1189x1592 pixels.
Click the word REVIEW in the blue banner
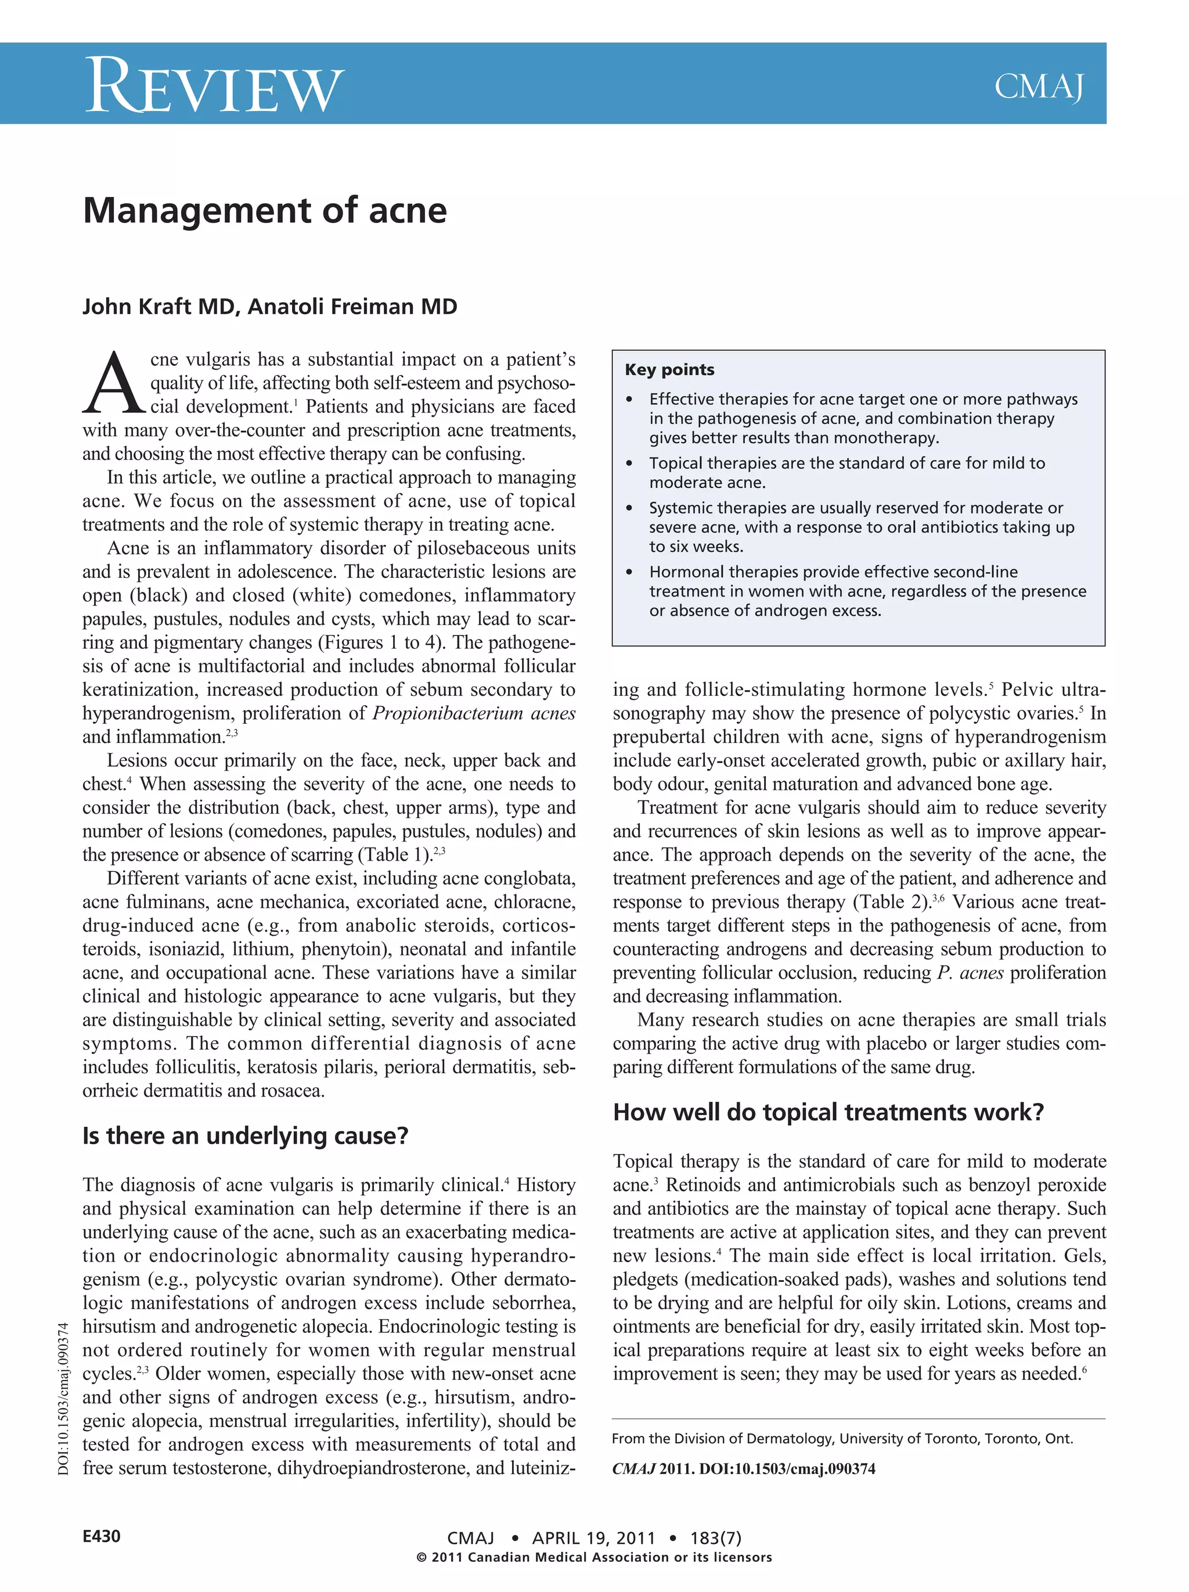pyautogui.click(x=214, y=87)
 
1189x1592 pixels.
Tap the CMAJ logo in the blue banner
pyautogui.click(x=1038, y=87)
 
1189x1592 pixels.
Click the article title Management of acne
pyautogui.click(x=265, y=211)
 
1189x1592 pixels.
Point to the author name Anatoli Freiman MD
pyautogui.click(x=352, y=307)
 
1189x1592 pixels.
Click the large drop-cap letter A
pyautogui.click(x=114, y=383)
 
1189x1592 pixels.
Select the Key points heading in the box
pyautogui.click(x=669, y=370)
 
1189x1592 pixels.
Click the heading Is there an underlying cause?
pyautogui.click(x=245, y=1135)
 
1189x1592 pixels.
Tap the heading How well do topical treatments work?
pyautogui.click(x=828, y=1112)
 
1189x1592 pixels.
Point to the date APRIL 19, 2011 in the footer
pyautogui.click(x=593, y=1538)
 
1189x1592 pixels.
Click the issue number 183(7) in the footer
pyautogui.click(x=715, y=1538)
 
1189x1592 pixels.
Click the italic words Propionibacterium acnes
pyautogui.click(x=473, y=713)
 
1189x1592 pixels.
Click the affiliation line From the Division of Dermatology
pyautogui.click(x=842, y=1439)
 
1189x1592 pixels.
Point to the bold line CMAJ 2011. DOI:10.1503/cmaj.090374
pyautogui.click(x=743, y=1469)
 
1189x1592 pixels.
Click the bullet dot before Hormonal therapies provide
pyautogui.click(x=629, y=573)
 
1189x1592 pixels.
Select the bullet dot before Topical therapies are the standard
pyautogui.click(x=629, y=464)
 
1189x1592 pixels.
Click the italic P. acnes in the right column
pyautogui.click(x=970, y=973)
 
